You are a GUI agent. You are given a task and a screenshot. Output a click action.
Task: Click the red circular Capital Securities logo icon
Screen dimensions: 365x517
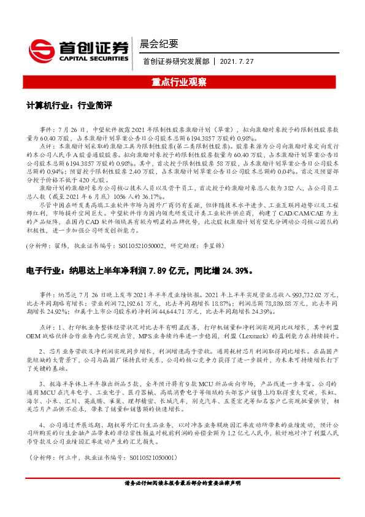coord(41,48)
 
